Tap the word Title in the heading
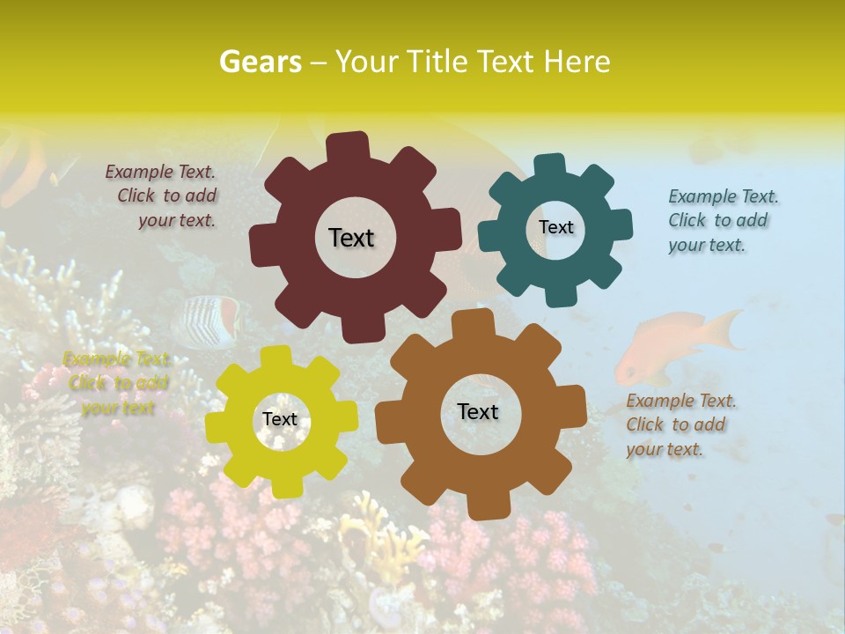[441, 62]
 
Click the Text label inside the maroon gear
[351, 238]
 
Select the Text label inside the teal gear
[555, 227]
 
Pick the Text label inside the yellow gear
[280, 419]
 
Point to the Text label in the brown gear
[478, 411]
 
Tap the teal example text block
[722, 220]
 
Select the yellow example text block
[118, 383]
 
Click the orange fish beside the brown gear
[669, 343]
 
